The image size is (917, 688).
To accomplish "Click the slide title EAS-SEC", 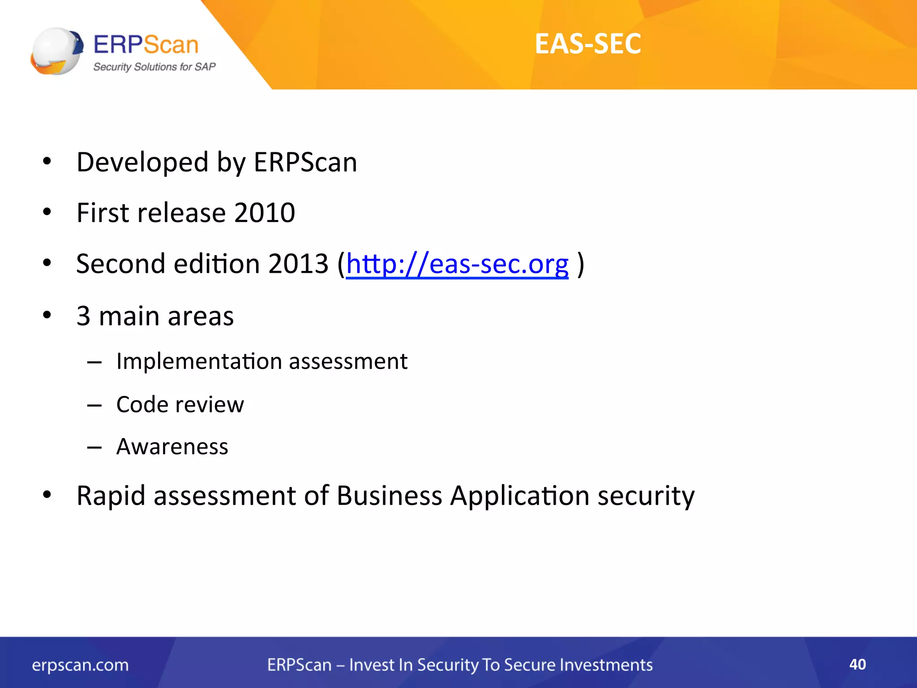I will (x=587, y=44).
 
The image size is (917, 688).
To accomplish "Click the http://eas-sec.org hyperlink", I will (x=457, y=264).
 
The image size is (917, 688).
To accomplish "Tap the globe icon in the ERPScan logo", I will (x=56, y=51).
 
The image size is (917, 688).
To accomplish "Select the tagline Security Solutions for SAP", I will (x=154, y=67).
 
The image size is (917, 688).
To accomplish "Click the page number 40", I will (x=857, y=664).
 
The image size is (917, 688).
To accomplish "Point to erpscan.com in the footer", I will (x=80, y=665).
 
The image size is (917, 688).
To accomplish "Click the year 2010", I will (x=265, y=213).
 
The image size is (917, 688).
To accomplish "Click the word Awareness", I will (x=172, y=447).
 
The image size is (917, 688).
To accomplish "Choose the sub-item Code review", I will (x=180, y=404).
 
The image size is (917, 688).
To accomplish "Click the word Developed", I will (x=142, y=162).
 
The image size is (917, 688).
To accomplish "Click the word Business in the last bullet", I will (x=389, y=496).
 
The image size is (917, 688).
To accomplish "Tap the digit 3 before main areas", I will (x=83, y=316).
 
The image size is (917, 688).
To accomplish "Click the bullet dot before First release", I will (x=47, y=212).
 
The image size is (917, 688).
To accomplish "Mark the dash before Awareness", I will (x=94, y=447).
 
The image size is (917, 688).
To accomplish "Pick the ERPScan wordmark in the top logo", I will (x=146, y=45).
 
